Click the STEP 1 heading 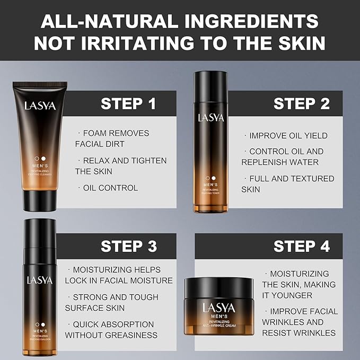pos(128,103)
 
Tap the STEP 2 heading pos(301,103)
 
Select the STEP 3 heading pos(128,246)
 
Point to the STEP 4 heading pos(301,246)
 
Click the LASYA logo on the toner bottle pos(212,117)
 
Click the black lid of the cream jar pos(217,288)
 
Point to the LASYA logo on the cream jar pos(217,307)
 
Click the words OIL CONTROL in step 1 pos(110,188)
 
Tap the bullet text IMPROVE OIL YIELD pos(288,136)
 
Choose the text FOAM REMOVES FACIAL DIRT pos(112,138)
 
